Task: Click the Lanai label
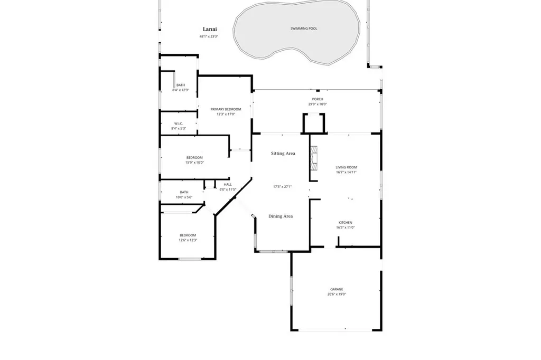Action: (210, 30)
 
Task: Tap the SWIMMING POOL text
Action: (304, 29)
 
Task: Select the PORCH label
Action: (317, 99)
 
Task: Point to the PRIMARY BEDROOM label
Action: (226, 109)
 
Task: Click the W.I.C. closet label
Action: (178, 124)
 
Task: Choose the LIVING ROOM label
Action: (346, 167)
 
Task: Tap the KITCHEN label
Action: (345, 223)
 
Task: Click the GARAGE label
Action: (337, 289)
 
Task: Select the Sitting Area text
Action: (283, 154)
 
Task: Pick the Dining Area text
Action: (281, 216)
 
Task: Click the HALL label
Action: (228, 184)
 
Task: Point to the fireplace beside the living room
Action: (314, 158)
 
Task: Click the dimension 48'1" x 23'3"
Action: (209, 37)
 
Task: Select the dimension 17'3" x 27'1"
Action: (283, 186)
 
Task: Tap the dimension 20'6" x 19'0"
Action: (337, 295)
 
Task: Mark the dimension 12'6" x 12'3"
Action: (188, 240)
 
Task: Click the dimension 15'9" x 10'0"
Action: (194, 163)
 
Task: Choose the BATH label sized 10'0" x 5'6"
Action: (184, 192)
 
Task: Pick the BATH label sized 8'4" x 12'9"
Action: (181, 85)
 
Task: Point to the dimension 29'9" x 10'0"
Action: (317, 104)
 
